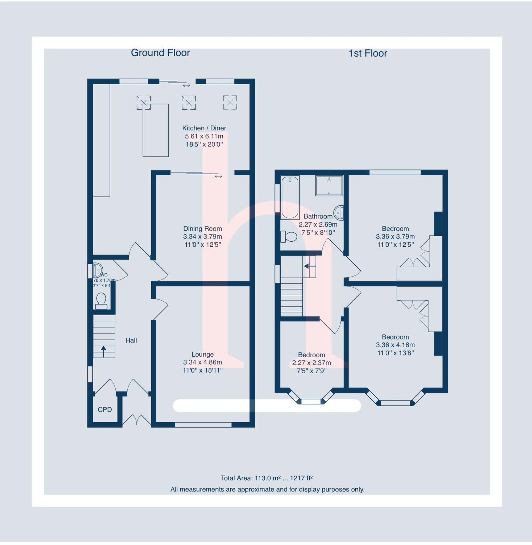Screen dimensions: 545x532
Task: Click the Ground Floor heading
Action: pos(160,52)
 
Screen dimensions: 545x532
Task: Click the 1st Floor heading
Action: pos(367,53)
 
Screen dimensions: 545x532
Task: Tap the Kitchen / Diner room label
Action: pos(204,128)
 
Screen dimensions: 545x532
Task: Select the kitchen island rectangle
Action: pos(155,130)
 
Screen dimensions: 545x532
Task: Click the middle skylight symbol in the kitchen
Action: pos(189,102)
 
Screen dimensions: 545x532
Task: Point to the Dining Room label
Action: pos(202,229)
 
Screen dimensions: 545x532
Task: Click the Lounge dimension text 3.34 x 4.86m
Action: pos(202,362)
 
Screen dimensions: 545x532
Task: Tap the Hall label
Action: pos(131,340)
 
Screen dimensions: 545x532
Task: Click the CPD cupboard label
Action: pos(105,410)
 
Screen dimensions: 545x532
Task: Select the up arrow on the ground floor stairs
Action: pos(103,351)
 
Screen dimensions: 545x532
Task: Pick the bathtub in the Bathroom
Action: pos(290,197)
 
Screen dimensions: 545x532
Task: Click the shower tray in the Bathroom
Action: pos(329,185)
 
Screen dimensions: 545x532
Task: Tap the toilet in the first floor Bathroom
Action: pos(289,237)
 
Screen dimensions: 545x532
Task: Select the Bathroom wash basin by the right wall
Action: pos(339,213)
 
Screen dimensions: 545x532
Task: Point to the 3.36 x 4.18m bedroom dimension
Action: pos(395,345)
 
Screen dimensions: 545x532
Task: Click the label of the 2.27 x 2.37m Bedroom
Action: pos(311,355)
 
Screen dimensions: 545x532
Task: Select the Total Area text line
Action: pos(266,478)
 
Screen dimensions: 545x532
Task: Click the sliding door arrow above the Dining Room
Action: pos(218,176)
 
